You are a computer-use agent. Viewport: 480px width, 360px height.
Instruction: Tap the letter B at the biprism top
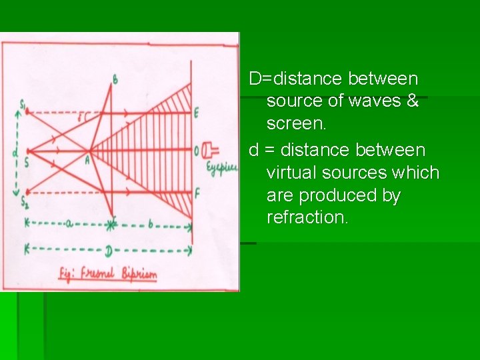coord(115,80)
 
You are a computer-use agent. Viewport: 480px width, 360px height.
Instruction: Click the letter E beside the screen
coord(197,113)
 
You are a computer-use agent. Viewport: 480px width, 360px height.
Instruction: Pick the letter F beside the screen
coord(197,194)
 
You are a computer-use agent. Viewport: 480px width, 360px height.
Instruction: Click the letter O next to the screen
coord(197,152)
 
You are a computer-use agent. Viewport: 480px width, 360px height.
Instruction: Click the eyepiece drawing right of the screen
coord(211,151)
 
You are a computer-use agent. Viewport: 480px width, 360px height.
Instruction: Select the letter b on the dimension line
coord(151,225)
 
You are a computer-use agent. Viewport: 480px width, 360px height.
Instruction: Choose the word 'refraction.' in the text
coord(307,218)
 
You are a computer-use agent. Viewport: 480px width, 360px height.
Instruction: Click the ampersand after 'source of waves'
coord(412,101)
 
